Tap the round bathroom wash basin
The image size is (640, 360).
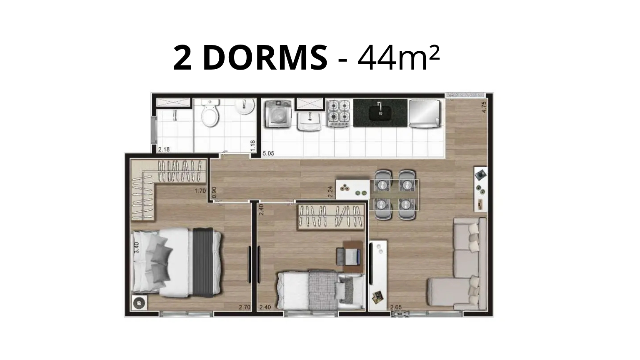coord(245,106)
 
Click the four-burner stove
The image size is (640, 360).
coord(339,113)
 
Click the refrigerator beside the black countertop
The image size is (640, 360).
coord(425,113)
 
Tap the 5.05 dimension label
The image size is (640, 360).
coord(268,153)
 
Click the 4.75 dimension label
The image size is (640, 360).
coord(484,107)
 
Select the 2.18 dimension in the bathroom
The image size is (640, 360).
coord(164,149)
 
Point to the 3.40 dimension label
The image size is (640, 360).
coord(137,247)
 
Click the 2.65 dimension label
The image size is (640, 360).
coord(396,307)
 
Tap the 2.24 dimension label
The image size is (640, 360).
coord(330,192)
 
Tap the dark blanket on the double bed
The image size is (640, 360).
coord(202,262)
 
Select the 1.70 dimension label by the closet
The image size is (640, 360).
coord(200,190)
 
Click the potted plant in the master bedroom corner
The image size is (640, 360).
coord(139,302)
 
